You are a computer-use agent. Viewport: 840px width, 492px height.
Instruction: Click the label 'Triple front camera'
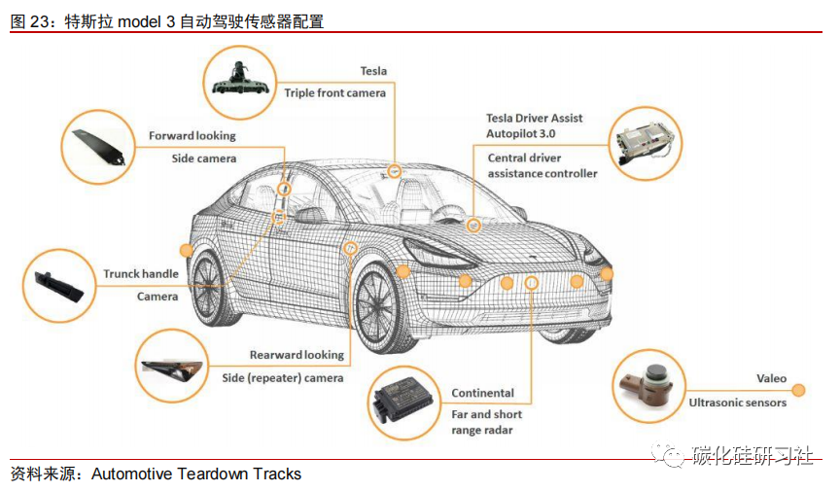click(334, 92)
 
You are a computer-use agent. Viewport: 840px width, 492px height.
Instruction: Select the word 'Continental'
click(482, 393)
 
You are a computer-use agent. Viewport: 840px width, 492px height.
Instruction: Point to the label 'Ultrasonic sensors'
click(737, 402)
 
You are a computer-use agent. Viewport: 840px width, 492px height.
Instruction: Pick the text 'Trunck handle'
click(141, 274)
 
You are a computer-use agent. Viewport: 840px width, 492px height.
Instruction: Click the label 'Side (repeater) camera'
click(283, 377)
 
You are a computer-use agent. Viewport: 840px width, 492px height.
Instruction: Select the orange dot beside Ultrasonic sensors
click(799, 390)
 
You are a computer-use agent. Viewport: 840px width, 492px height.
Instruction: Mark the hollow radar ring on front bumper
click(532, 283)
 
